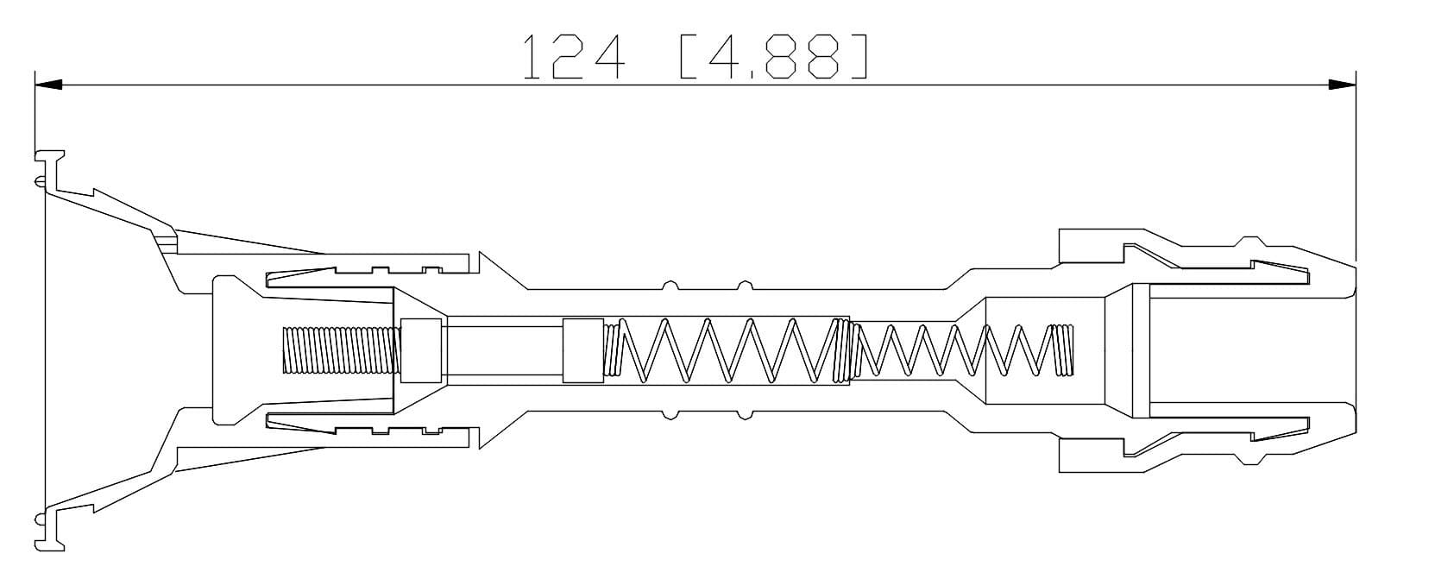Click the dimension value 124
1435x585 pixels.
coord(573,57)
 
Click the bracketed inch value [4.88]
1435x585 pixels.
coord(773,57)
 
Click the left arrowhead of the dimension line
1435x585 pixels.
coord(48,85)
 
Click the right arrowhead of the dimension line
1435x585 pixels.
coord(1342,85)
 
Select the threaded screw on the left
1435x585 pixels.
coord(342,349)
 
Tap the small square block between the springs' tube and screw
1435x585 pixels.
coord(582,349)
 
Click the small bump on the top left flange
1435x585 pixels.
coord(40,180)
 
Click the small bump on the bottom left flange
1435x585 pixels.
coord(40,519)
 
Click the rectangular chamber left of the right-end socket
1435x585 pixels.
coord(1044,349)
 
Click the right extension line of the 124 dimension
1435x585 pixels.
coord(1356,173)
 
